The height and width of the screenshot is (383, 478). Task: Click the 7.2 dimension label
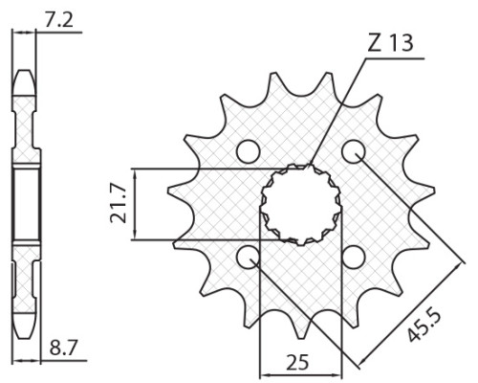pyautogui.click(x=59, y=21)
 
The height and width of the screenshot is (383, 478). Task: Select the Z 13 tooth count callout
pyautogui.click(x=391, y=42)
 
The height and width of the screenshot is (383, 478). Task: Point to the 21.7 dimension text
pyautogui.click(x=119, y=204)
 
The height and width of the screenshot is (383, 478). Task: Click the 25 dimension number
pyautogui.click(x=297, y=362)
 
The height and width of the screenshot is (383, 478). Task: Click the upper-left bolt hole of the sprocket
pyautogui.click(x=249, y=151)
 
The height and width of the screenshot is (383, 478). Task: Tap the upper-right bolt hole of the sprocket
pyautogui.click(x=353, y=151)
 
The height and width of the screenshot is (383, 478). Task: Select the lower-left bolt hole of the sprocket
pyautogui.click(x=249, y=257)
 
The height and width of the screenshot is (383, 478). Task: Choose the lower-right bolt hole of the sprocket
pyautogui.click(x=353, y=257)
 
